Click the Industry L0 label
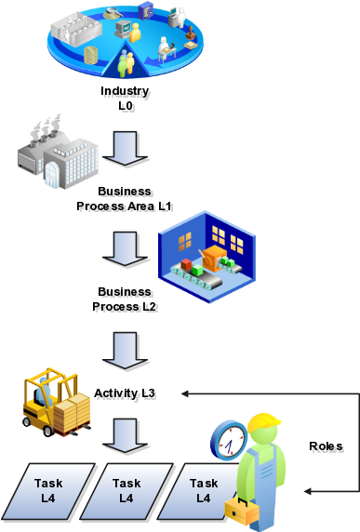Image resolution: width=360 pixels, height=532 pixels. pyautogui.click(x=127, y=100)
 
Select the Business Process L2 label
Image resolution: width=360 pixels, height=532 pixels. pyautogui.click(x=127, y=299)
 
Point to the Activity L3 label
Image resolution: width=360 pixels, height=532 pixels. pyautogui.click(x=127, y=395)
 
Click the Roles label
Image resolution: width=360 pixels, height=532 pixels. pyautogui.click(x=328, y=449)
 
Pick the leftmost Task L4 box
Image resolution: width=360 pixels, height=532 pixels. pyautogui.click(x=48, y=490)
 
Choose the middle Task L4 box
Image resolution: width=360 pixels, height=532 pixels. pyautogui.click(x=127, y=490)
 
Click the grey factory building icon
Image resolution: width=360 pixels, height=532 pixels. pyautogui.click(x=57, y=153)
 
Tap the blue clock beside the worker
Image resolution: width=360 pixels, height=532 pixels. pyautogui.click(x=228, y=439)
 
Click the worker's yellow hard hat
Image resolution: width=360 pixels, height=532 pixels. pyautogui.click(x=262, y=425)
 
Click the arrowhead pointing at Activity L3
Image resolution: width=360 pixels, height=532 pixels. pyautogui.click(x=185, y=393)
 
